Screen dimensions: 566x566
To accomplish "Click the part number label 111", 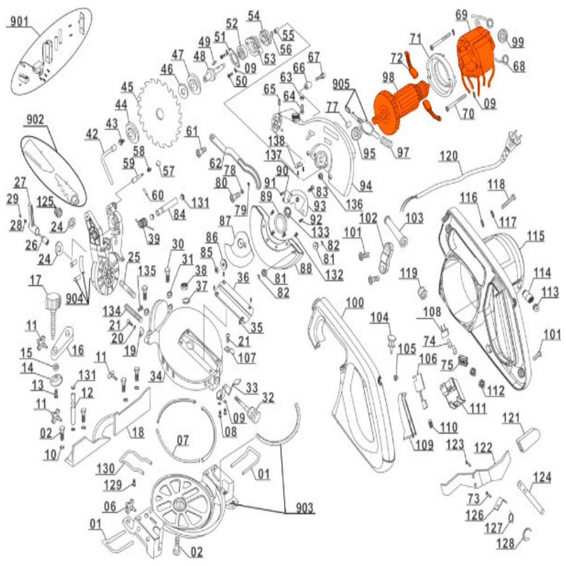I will click(477, 408).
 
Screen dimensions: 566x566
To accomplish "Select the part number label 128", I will click(506, 544).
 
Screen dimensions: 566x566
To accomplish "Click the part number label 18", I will click(138, 432).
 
